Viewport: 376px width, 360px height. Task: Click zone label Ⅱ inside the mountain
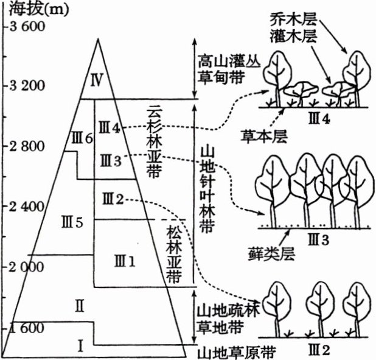click(78, 305)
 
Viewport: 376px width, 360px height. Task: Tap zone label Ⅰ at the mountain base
click(79, 345)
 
